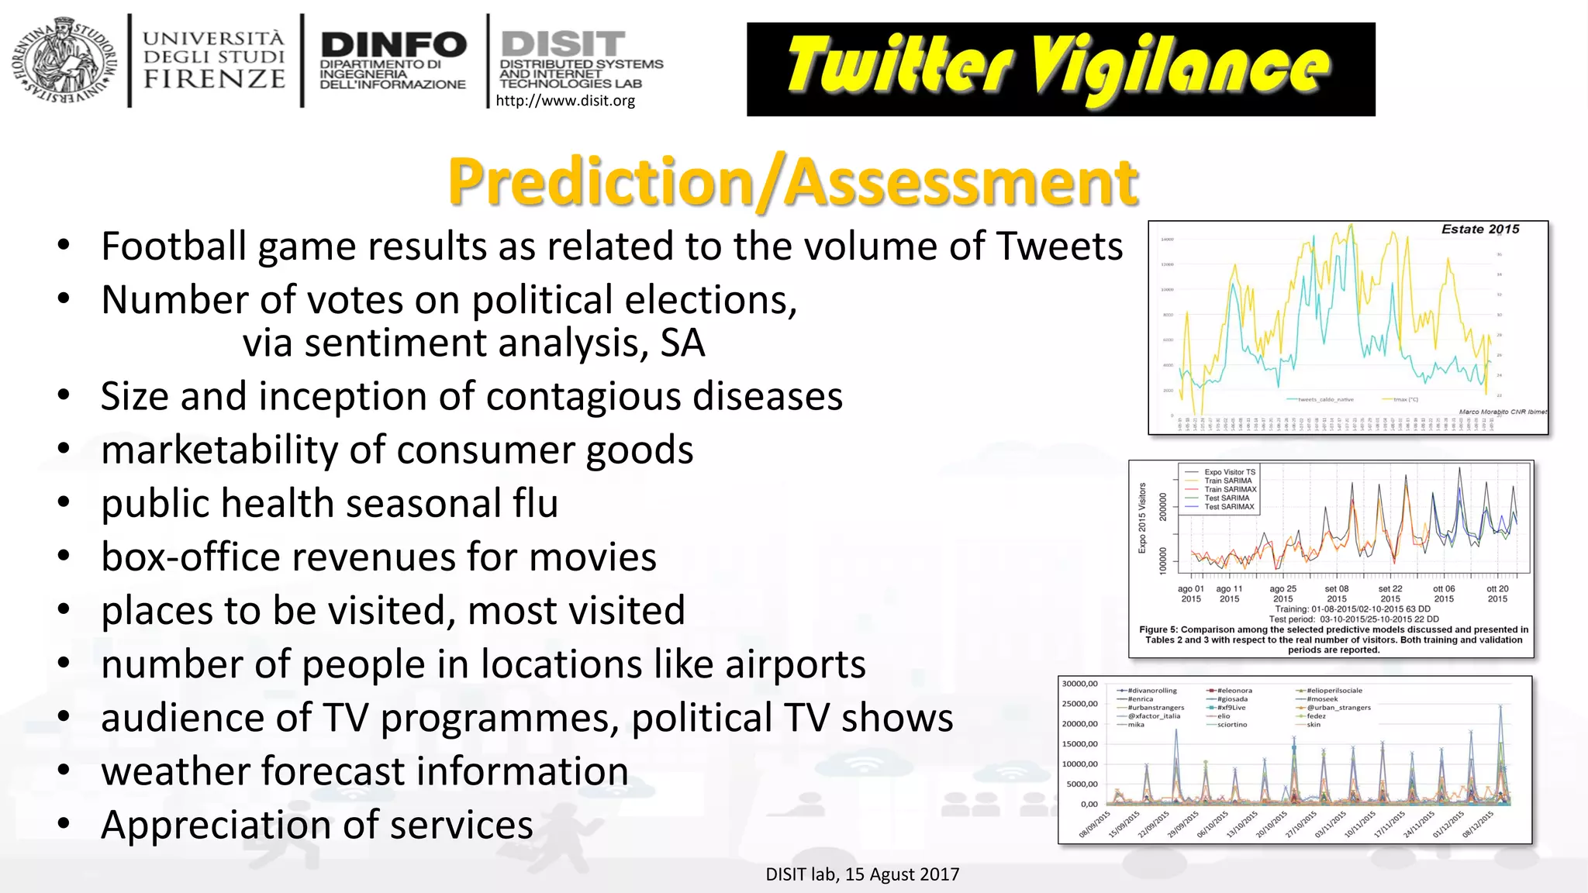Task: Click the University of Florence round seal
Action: (64, 60)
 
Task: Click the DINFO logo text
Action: (393, 45)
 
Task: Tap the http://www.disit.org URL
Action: (565, 101)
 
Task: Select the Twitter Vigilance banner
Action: (1060, 69)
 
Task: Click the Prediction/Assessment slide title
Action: (792, 182)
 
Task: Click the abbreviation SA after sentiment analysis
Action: (682, 343)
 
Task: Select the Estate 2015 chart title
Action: (1479, 229)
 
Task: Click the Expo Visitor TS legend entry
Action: (1229, 472)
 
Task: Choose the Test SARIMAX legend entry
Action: (1229, 507)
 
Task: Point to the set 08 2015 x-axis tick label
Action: (1336, 594)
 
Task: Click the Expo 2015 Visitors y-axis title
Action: (1142, 518)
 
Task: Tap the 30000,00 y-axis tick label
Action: (1079, 684)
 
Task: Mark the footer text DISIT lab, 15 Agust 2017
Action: (862, 874)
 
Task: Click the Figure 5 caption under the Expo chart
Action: (1334, 640)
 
